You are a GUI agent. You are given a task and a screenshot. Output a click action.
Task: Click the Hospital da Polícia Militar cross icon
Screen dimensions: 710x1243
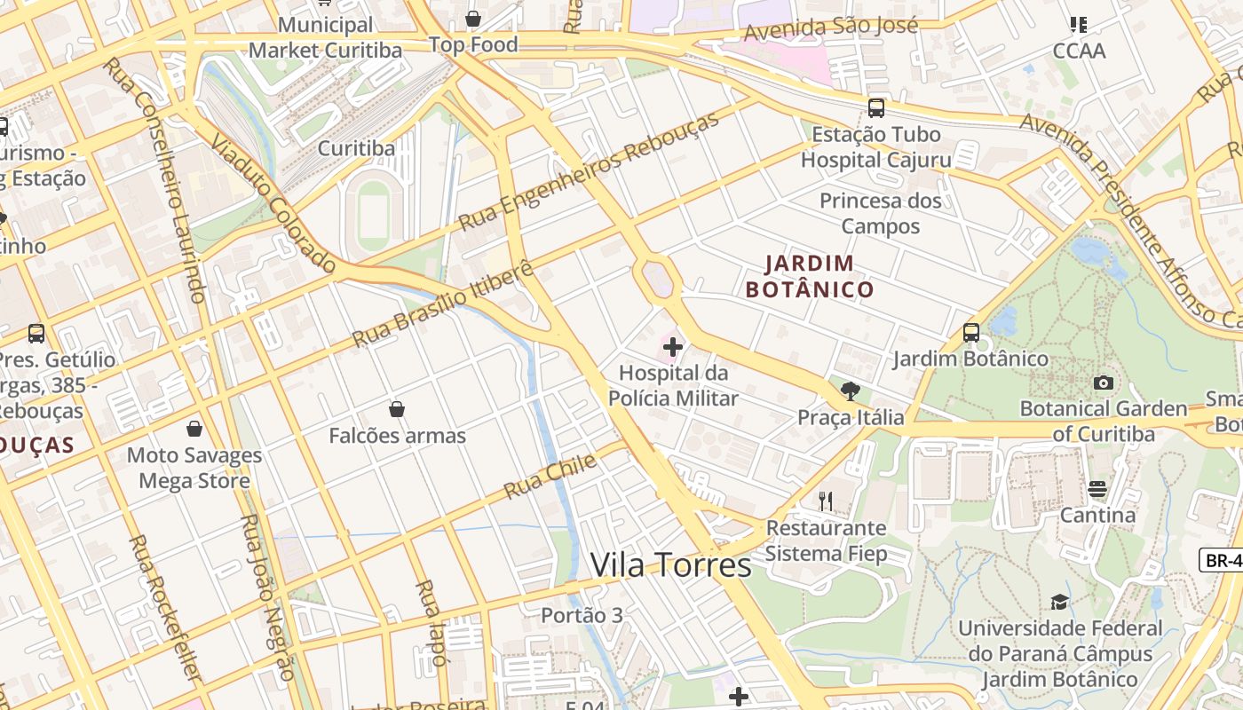(673, 346)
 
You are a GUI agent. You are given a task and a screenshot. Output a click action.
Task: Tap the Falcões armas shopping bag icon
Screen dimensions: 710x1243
(397, 409)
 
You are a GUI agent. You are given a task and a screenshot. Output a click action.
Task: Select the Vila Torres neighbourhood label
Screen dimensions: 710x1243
(670, 564)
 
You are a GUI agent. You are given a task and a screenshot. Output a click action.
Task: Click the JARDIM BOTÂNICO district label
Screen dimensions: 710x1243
(810, 276)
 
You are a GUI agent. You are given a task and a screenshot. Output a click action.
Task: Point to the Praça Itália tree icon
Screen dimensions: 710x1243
(850, 390)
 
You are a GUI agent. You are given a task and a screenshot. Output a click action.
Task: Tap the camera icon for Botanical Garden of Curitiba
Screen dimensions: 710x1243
(1104, 383)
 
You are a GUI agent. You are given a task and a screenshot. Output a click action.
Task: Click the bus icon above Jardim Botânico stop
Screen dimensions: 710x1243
(970, 333)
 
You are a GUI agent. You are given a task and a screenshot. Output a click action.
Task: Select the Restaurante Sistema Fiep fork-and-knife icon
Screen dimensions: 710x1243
(826, 501)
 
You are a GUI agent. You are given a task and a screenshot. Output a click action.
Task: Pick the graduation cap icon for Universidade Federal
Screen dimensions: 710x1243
(1059, 602)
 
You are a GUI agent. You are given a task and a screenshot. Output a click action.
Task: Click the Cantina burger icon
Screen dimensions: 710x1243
(1097, 489)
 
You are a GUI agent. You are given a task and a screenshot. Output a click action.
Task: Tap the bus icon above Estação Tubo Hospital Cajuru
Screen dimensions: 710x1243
(876, 108)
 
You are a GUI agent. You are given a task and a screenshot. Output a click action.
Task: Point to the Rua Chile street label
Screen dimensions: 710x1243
(538, 479)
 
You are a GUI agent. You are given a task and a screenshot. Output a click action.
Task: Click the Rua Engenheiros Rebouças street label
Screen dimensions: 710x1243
(589, 171)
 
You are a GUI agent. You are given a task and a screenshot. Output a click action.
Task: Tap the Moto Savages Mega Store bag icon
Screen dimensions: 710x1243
(194, 430)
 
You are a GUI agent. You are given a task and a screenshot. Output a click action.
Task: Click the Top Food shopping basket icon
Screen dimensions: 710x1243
(473, 19)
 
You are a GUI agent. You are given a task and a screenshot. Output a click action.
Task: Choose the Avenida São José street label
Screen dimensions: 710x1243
(831, 28)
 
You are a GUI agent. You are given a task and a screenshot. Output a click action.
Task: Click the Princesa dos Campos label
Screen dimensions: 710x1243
(880, 213)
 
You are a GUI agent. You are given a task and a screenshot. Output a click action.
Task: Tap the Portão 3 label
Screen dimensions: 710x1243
(582, 614)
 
